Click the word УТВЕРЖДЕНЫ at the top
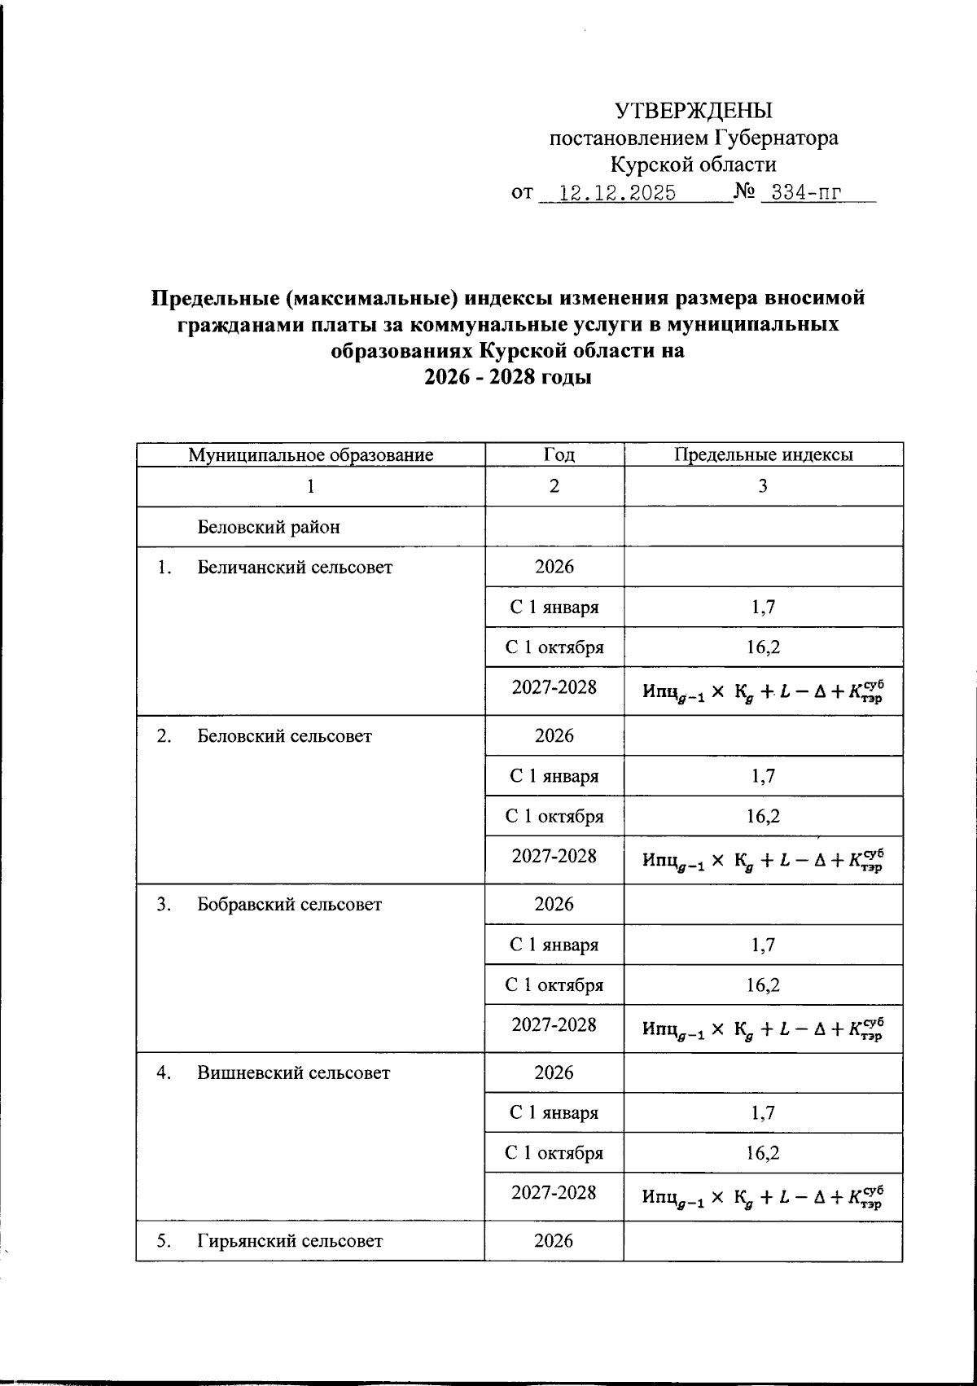click(x=693, y=111)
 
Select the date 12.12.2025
click(x=619, y=193)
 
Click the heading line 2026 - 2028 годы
click(x=508, y=378)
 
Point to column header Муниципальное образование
click(x=310, y=455)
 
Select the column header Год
click(x=554, y=455)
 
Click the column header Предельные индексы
click(x=763, y=455)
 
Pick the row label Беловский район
click(x=269, y=527)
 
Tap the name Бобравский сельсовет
click(x=289, y=905)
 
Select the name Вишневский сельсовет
click(x=293, y=1073)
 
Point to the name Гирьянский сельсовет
click(x=290, y=1242)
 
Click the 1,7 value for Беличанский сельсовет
click(x=763, y=607)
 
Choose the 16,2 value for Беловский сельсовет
click(x=763, y=816)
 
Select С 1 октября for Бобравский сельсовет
click(x=554, y=985)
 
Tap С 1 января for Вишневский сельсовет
click(x=554, y=1113)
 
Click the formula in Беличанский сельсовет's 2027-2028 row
click(x=763, y=692)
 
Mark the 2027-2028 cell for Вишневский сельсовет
click(x=554, y=1193)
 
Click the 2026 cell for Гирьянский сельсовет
click(x=554, y=1241)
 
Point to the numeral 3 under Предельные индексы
click(x=763, y=487)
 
